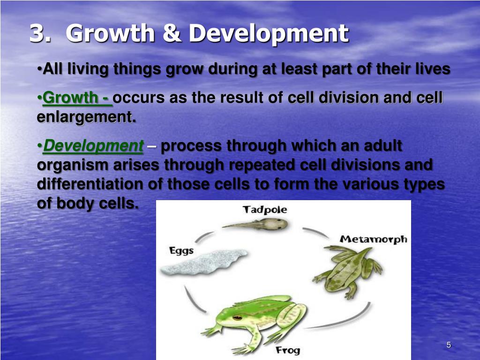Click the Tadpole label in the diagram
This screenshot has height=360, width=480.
pos(264,210)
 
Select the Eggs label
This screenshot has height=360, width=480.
pos(181,251)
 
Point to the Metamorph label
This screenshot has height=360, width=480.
pos(373,239)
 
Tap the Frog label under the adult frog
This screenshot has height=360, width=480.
pos(288,350)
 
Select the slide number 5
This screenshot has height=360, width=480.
pos(449,345)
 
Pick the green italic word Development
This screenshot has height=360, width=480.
pos(93,146)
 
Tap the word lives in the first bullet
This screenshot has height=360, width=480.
pos(432,69)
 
